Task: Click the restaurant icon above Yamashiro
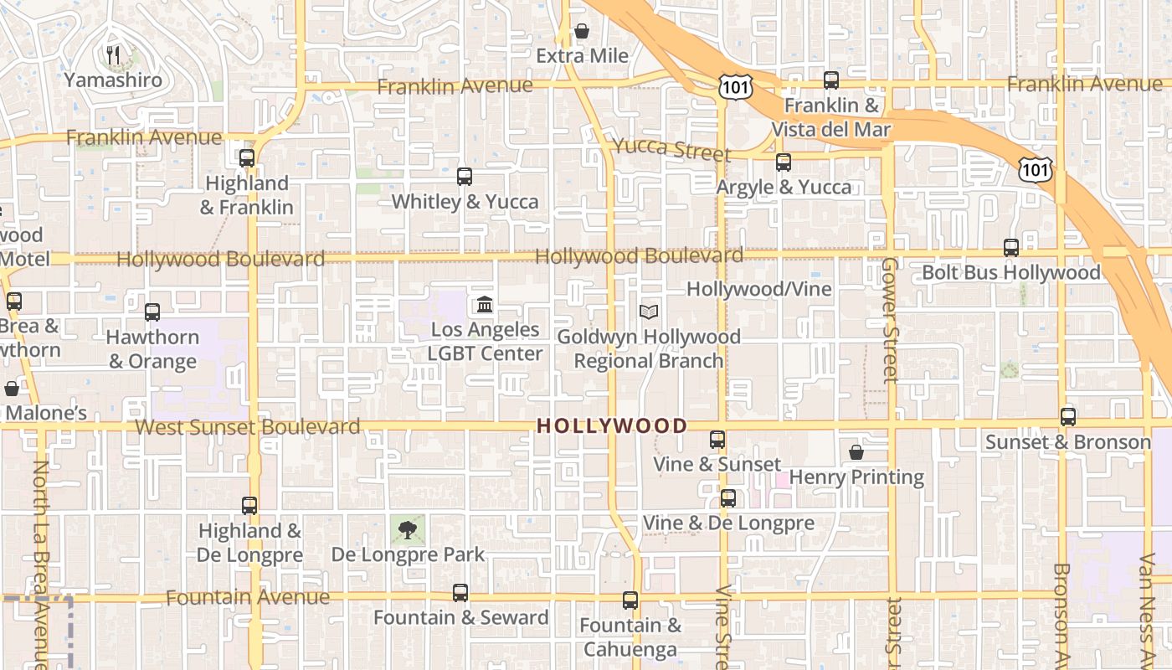coord(113,55)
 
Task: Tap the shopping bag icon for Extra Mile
coord(582,31)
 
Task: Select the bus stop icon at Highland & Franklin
coord(246,157)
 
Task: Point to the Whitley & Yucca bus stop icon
coord(465,176)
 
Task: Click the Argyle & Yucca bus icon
coord(784,162)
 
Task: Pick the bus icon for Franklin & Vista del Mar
coord(830,80)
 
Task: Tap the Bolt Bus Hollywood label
coord(1010,273)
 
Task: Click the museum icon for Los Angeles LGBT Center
coord(485,303)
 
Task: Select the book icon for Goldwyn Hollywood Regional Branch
coord(649,312)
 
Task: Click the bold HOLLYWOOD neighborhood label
coord(611,425)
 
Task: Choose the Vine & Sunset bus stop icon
coord(717,439)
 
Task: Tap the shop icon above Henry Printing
coord(856,452)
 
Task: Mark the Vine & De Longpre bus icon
coord(728,498)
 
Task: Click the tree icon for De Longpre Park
coord(408,529)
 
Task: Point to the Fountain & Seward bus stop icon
coord(460,593)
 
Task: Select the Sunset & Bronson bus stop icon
coord(1068,416)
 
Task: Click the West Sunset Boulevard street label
coord(248,427)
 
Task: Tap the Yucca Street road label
coord(671,149)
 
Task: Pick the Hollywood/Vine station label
coord(759,289)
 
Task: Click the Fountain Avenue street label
coord(248,597)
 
